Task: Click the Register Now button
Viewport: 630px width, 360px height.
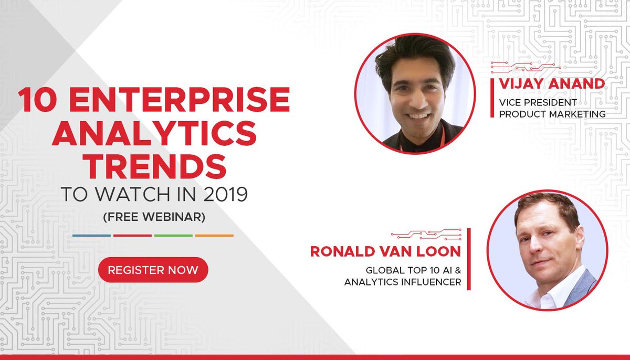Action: coord(153,270)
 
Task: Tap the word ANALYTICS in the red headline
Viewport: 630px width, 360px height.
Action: coord(154,134)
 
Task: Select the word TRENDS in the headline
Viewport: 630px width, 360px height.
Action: coord(154,167)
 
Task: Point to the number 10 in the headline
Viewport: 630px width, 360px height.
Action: coord(36,100)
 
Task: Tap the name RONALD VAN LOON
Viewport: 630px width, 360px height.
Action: coord(385,251)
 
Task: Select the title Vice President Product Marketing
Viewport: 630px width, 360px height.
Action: coord(551,108)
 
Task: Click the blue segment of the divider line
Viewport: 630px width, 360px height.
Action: coord(91,235)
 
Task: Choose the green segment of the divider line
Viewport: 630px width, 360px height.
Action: coord(173,235)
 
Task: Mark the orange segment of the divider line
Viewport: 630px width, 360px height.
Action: coord(214,235)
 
